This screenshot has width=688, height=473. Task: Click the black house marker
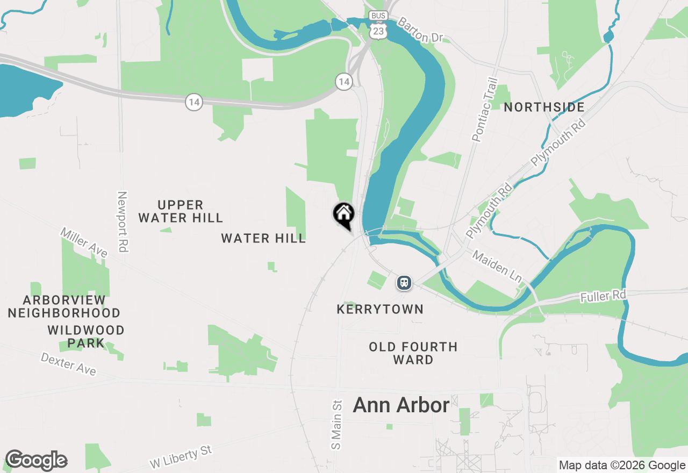pos(343,214)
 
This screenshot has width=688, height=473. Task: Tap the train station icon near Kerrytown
pos(404,282)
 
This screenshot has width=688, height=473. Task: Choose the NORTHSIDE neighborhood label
pos(544,107)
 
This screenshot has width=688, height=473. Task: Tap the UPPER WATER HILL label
pos(181,211)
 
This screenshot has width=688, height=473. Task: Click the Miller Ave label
pos(84,242)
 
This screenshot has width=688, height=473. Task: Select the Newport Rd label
pos(123,223)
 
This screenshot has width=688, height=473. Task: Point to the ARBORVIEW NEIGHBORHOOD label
pos(64,306)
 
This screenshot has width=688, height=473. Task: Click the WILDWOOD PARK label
pos(86,336)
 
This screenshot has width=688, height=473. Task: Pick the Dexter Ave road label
pos(68,364)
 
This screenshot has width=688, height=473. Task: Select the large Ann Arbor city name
pos(401,405)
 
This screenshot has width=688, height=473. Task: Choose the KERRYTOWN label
pos(379,309)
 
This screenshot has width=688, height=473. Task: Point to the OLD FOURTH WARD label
pos(413,353)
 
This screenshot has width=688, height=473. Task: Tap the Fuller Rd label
pos(603,296)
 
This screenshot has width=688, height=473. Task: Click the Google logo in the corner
pos(36,461)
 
